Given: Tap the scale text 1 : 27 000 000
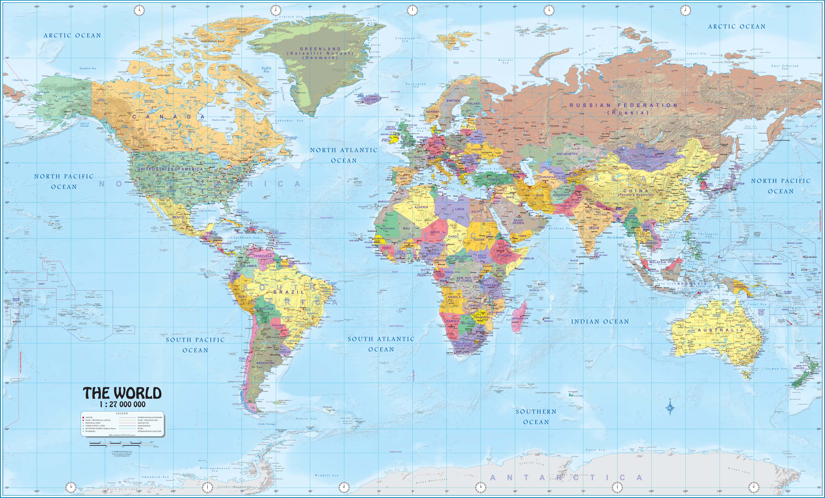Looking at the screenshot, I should point(123,404).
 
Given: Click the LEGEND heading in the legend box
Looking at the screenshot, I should point(122,414).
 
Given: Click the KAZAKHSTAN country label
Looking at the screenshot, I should point(567,154).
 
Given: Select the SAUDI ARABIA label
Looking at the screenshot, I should point(518,222).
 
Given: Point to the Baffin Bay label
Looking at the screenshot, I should point(267,70).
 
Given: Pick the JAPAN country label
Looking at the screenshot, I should point(739,184).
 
